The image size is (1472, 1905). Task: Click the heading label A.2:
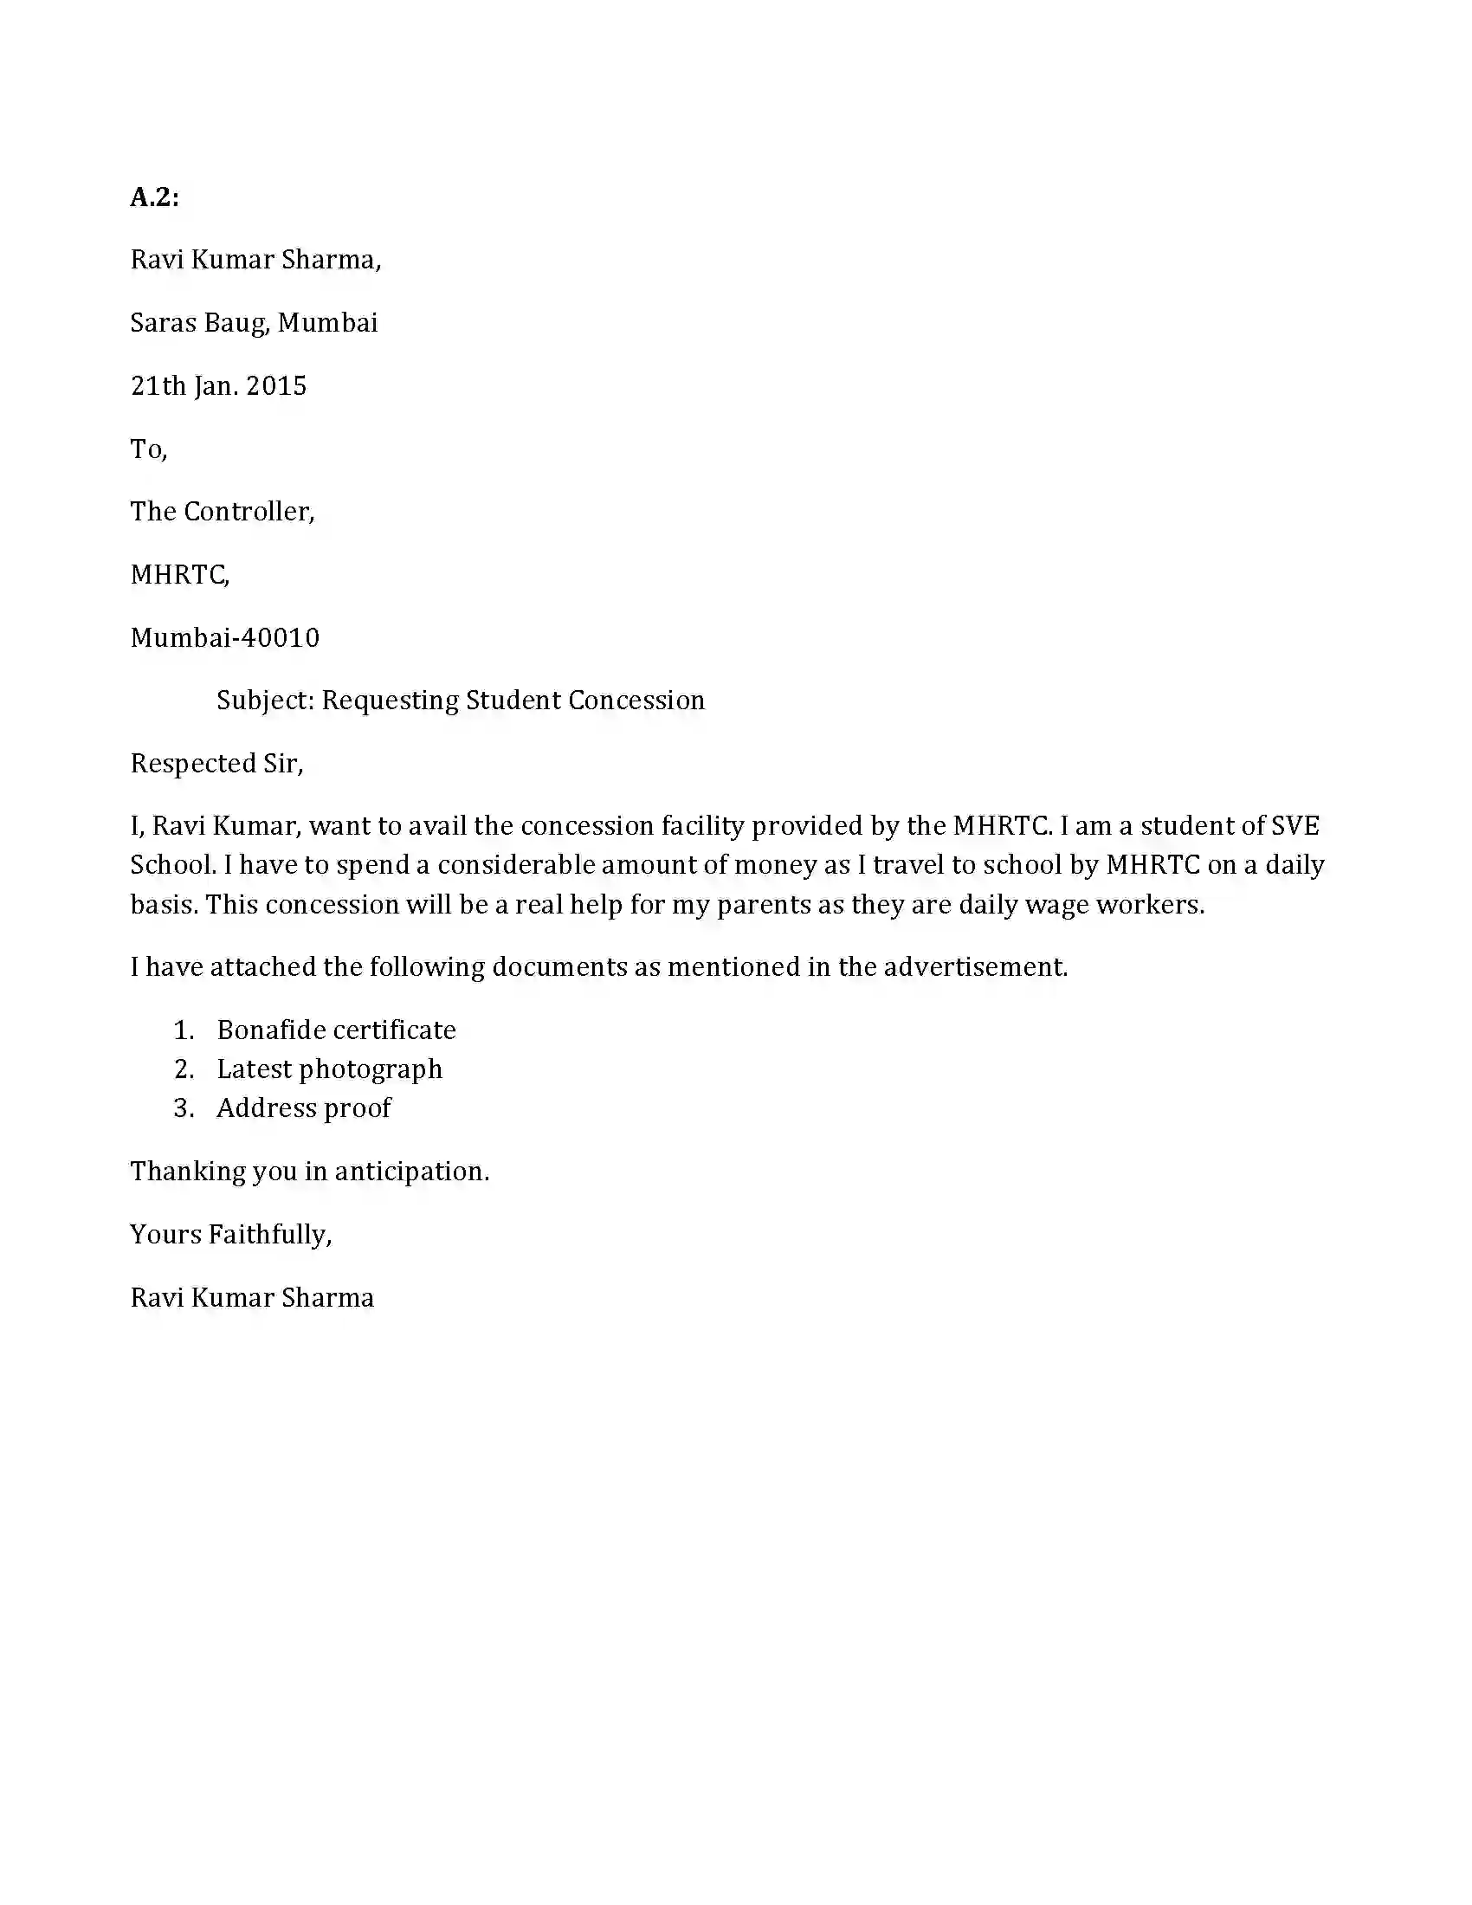point(154,198)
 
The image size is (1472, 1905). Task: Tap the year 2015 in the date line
point(276,385)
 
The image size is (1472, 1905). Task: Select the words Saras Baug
point(200,323)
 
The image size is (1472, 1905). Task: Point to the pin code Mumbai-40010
point(225,637)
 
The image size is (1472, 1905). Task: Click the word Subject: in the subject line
point(265,701)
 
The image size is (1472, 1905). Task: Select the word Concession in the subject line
point(636,701)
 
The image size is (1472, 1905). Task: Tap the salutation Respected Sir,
point(216,763)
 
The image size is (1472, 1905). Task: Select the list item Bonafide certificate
point(336,1030)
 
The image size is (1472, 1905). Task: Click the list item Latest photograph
point(329,1069)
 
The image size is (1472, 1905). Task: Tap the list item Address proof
point(303,1107)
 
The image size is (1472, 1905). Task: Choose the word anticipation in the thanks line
point(411,1172)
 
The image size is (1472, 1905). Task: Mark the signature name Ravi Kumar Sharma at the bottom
point(252,1298)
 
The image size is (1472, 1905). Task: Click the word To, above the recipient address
point(148,449)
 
